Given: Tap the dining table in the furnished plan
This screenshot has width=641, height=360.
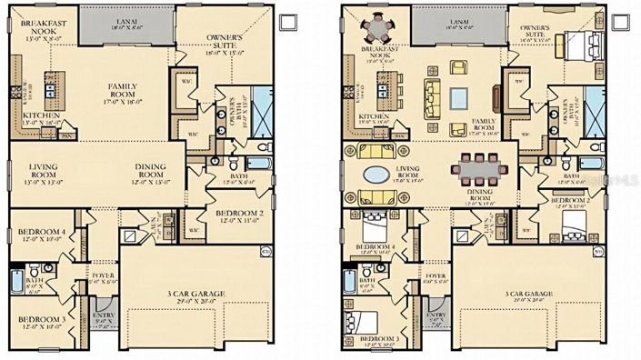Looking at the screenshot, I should (477, 165).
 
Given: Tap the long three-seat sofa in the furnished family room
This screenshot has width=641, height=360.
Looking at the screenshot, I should (429, 94).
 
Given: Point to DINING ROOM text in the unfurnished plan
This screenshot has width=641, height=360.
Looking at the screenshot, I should (155, 166).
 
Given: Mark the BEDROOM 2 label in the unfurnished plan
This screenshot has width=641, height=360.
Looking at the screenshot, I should (239, 214).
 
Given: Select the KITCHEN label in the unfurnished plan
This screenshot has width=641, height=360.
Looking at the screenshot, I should (42, 115).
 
